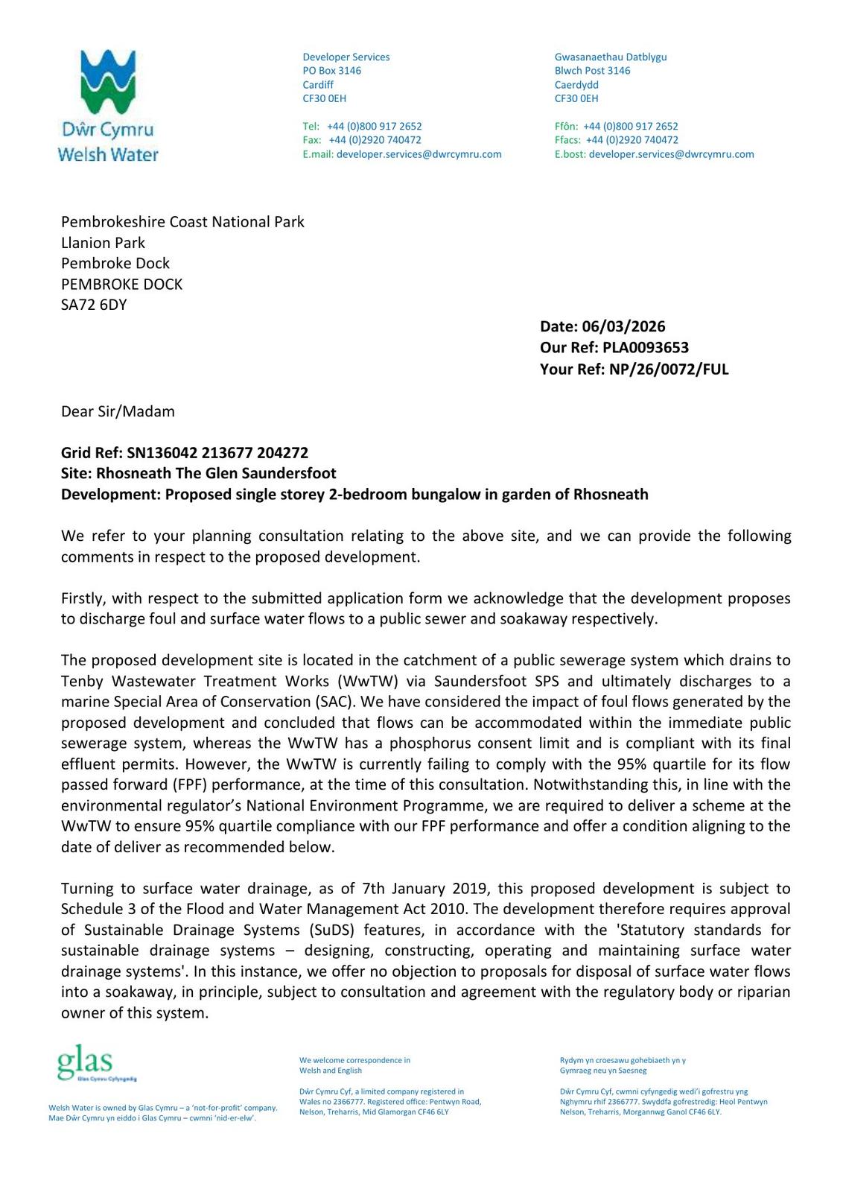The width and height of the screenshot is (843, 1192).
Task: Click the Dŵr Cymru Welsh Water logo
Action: (x=108, y=105)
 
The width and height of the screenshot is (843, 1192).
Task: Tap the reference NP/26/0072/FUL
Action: (x=668, y=369)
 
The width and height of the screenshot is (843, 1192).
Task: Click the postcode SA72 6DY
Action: (x=94, y=305)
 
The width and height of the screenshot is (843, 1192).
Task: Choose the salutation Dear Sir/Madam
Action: (x=118, y=411)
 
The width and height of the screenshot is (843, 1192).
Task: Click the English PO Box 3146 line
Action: (x=331, y=71)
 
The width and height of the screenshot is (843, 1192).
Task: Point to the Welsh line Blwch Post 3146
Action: (x=592, y=71)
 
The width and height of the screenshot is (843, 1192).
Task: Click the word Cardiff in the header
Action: (x=318, y=85)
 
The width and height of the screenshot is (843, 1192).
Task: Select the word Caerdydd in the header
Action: (x=576, y=85)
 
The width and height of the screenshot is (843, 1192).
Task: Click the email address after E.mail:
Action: (x=419, y=154)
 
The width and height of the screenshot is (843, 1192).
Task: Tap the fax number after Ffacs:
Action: (x=632, y=140)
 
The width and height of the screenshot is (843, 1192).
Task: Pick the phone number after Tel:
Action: (x=374, y=127)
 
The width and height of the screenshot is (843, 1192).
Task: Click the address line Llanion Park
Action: (x=103, y=243)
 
